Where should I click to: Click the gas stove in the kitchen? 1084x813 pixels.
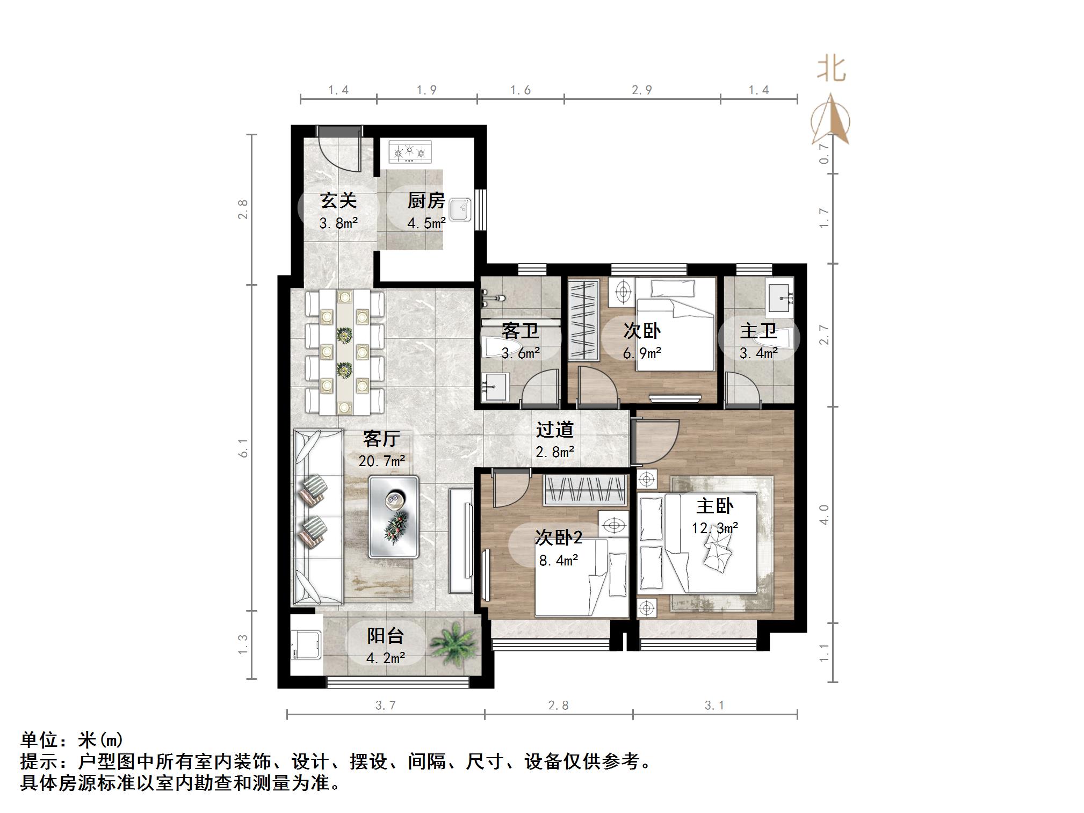pos(410,153)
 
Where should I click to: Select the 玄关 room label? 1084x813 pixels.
pos(338,200)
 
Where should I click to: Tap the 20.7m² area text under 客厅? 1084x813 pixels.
pos(381,461)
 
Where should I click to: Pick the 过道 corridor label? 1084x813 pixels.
pos(555,430)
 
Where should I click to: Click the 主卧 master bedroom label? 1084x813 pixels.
pos(714,506)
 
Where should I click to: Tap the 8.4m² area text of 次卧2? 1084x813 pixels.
pos(559,561)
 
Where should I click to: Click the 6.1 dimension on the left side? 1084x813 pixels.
pos(243,448)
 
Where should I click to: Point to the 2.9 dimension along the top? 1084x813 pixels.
pos(642,90)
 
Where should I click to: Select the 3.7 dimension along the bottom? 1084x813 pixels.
pos(385,706)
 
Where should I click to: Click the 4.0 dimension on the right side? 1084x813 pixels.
pos(824,514)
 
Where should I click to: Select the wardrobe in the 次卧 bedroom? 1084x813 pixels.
pos(584,320)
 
